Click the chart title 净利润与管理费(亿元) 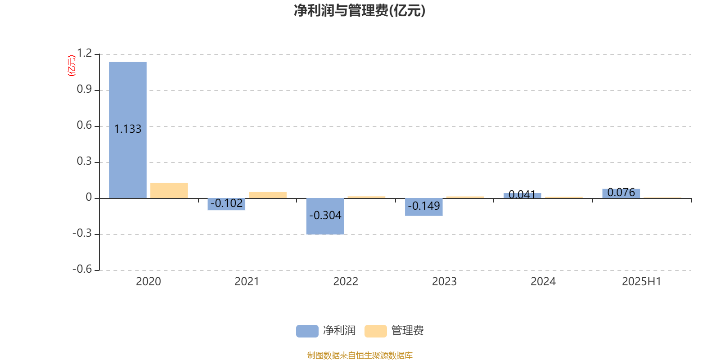pyautogui.click(x=360, y=11)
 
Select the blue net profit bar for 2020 pyautogui.click(x=128, y=130)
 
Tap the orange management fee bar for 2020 pyautogui.click(x=169, y=191)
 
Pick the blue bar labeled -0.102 pyautogui.click(x=226, y=204)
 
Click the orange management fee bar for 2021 pyautogui.click(x=268, y=195)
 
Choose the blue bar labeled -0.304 pyautogui.click(x=325, y=216)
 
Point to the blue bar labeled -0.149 pyautogui.click(x=423, y=207)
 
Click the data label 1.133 pyautogui.click(x=128, y=129)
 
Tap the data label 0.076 pyautogui.click(x=621, y=192)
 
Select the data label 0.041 pyautogui.click(x=522, y=194)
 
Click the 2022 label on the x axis pyautogui.click(x=346, y=282)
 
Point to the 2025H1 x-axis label pyautogui.click(x=642, y=282)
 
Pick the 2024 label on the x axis pyautogui.click(x=543, y=282)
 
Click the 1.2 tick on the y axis pyautogui.click(x=84, y=53)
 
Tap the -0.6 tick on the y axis pyautogui.click(x=82, y=269)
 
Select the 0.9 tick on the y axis pyautogui.click(x=84, y=89)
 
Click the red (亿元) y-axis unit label pyautogui.click(x=72, y=66)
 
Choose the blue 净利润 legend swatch pyautogui.click(x=307, y=331)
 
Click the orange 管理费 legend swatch pyautogui.click(x=375, y=331)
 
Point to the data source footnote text pyautogui.click(x=360, y=355)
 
